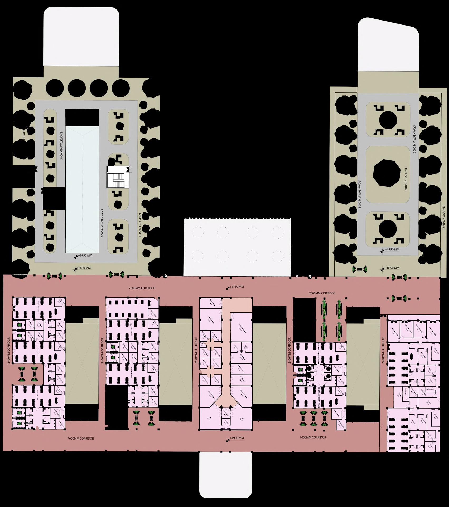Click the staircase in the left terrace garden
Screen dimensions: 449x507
118,177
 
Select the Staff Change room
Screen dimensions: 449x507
205,380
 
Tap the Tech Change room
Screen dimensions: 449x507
216,380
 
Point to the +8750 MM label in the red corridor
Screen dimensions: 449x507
236,287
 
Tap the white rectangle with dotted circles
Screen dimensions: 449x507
237,247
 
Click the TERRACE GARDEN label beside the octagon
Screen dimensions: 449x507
405,180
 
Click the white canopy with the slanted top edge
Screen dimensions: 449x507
388,45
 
